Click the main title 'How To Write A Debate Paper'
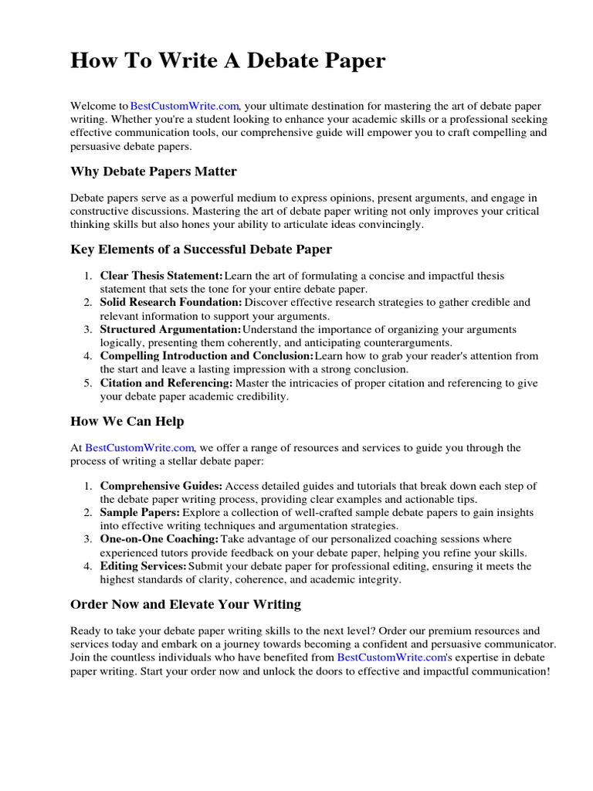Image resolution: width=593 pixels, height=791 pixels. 228,61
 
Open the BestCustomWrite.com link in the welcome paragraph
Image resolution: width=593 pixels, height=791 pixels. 185,106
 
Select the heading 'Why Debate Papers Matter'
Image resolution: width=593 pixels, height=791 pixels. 154,171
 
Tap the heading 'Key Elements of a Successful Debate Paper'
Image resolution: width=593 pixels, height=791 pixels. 201,250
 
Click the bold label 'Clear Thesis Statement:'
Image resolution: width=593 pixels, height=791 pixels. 161,276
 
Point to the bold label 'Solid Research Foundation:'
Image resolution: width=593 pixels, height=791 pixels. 171,303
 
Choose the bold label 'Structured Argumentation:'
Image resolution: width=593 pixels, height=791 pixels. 171,330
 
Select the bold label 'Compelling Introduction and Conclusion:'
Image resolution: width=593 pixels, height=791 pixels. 207,356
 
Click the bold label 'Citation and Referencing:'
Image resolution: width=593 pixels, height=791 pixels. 166,383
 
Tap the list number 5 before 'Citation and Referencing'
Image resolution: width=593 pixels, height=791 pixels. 88,383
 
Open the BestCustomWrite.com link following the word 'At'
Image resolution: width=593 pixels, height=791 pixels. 140,448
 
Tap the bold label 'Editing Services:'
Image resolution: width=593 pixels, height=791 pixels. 144,566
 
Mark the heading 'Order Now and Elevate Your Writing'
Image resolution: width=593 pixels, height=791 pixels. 185,604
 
